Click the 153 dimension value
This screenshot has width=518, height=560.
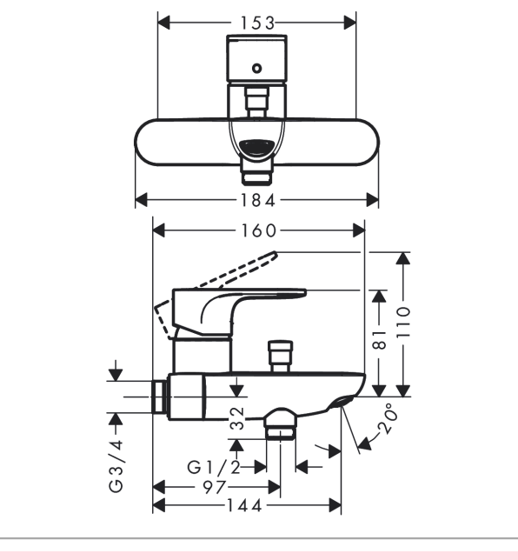coord(258,23)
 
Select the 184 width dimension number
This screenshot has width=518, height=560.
coord(258,200)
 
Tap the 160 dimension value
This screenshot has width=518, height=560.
coord(258,230)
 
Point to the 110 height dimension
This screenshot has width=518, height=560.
coord(403,322)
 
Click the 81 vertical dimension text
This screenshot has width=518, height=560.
coord(379,340)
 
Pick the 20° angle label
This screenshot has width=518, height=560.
coord(388,418)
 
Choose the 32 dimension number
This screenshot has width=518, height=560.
coord(236,418)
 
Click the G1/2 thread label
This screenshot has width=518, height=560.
coord(214,467)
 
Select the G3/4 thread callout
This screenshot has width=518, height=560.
coord(116,466)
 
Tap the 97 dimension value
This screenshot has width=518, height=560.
coord(215,487)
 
